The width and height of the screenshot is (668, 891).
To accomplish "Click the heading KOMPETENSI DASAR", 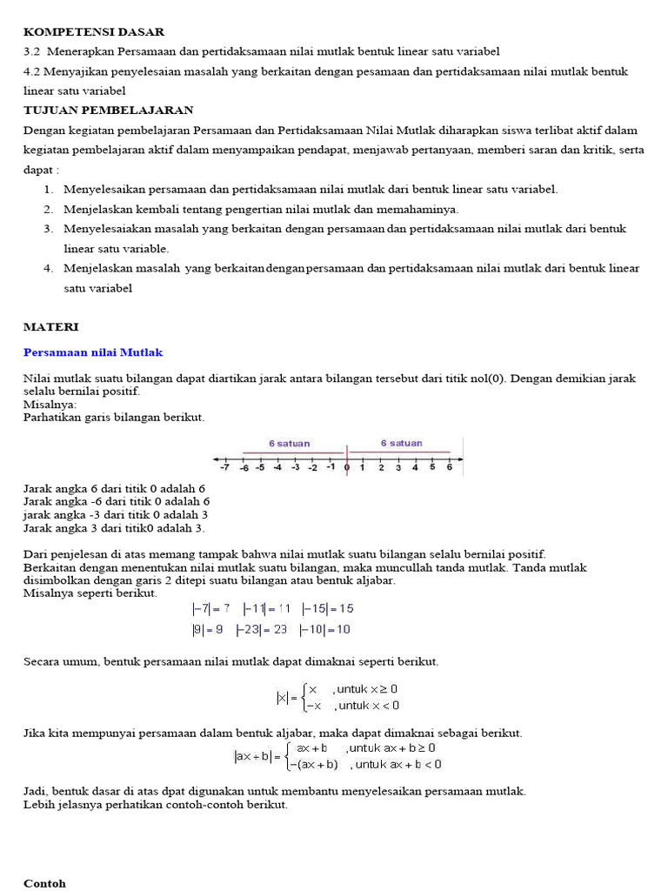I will pos(93,32).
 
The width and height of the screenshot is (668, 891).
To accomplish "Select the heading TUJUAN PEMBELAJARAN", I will pos(108,111).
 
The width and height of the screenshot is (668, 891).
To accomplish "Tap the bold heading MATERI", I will pos(50,326).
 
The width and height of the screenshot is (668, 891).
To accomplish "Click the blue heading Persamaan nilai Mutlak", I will pos(92,352).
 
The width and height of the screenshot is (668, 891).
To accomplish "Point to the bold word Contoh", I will pos(44,883).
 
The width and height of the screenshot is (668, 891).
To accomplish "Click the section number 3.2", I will pos(32,51).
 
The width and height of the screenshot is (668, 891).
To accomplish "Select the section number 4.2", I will pos(32,71).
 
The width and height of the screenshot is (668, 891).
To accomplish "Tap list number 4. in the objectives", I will pos(49,268).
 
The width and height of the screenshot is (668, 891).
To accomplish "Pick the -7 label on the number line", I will pos(224,468).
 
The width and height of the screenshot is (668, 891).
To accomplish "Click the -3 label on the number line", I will pos(295,468).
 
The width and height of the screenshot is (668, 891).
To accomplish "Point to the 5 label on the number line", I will pos(432,468).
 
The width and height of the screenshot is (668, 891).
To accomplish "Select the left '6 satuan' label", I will pos(289,444).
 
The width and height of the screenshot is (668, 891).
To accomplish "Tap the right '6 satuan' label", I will pos(401,444).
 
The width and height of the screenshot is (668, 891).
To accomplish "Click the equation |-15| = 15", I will pos(327,609).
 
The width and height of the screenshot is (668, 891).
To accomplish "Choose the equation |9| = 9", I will pos(207,629).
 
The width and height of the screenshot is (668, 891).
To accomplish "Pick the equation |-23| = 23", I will pos(262,629).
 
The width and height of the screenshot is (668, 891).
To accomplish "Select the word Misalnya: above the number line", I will pos(50,405).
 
